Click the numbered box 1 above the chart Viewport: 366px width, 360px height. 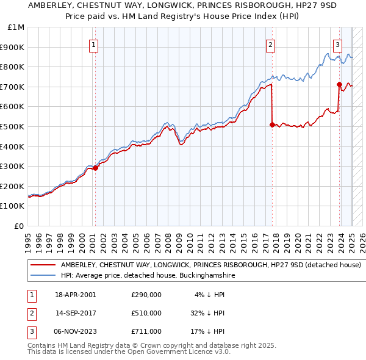pyautogui.click(x=94, y=44)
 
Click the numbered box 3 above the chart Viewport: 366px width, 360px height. pyautogui.click(x=337, y=44)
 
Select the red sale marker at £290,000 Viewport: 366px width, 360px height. pyautogui.click(x=96, y=168)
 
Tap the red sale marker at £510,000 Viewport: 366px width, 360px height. pyautogui.click(x=272, y=124)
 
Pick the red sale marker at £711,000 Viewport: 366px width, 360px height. pyautogui.click(x=339, y=84)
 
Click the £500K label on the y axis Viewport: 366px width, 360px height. pyautogui.click(x=14, y=126)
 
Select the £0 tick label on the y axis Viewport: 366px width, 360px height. pyautogui.click(x=20, y=226)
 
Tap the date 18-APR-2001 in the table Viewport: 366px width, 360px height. pyautogui.click(x=75, y=295)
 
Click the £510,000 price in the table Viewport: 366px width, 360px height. pyautogui.click(x=146, y=313)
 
